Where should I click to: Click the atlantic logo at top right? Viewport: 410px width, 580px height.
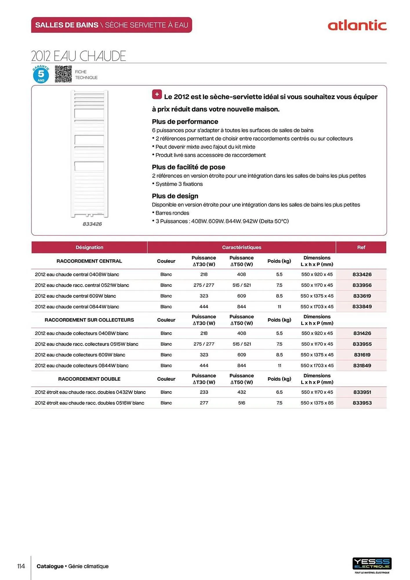[x=357, y=26]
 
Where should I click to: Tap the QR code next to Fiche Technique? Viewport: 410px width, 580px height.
[x=63, y=74]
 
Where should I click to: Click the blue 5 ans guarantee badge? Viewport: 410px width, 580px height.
[x=41, y=75]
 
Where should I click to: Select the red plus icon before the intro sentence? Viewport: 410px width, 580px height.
[x=157, y=95]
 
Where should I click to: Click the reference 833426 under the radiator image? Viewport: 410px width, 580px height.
[x=92, y=224]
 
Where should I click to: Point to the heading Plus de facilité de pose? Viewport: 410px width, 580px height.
[x=188, y=167]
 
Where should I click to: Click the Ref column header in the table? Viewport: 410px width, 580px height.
[x=361, y=247]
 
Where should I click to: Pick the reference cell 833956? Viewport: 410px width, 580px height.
[x=362, y=285]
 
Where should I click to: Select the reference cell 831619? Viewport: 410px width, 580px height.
[x=362, y=355]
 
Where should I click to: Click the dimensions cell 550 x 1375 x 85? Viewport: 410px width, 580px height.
[x=317, y=403]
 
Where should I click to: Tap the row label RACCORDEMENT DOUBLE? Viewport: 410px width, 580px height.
[x=89, y=379]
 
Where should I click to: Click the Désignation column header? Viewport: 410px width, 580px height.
[x=89, y=247]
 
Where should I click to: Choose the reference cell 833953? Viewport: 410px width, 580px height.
[x=362, y=403]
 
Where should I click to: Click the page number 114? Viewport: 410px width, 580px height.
[x=21, y=566]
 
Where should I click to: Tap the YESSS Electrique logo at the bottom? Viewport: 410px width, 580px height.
[x=372, y=564]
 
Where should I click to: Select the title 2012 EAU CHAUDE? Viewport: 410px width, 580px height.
[x=79, y=56]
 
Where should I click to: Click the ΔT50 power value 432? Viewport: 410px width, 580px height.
[x=242, y=392]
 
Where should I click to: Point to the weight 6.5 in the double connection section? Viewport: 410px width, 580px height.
[x=279, y=392]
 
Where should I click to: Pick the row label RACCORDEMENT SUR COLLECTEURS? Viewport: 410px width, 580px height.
[x=89, y=320]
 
